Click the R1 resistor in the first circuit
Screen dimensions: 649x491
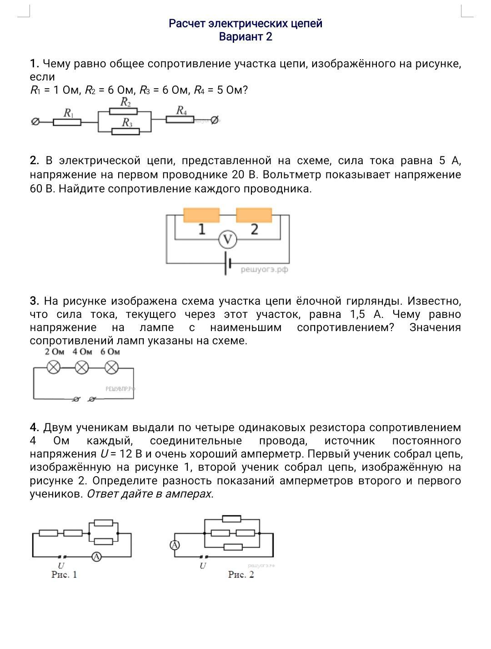click(67, 122)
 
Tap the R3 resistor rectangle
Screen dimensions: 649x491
click(125, 131)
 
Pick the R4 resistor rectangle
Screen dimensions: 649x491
click(180, 119)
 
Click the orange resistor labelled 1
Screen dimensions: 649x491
click(201, 215)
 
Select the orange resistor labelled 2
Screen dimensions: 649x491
click(254, 215)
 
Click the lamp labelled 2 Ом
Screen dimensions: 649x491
click(54, 367)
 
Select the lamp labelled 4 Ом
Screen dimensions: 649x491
click(82, 367)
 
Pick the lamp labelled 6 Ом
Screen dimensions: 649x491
click(111, 367)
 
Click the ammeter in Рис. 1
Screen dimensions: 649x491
click(96, 556)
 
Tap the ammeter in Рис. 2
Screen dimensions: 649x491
click(175, 545)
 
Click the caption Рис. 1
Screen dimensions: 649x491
click(64, 574)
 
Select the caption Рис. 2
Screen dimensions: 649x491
click(241, 574)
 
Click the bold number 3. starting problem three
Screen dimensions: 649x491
click(35, 301)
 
